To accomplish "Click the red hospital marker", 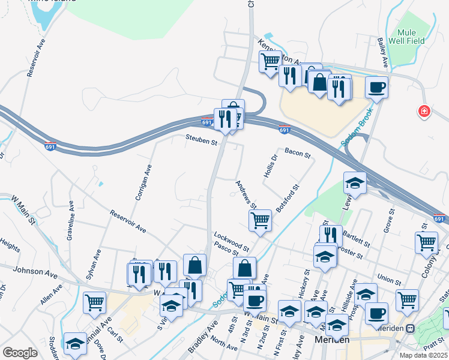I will [x=424, y=111].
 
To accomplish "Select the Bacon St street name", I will [x=297, y=155].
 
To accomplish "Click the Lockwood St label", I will [x=231, y=240].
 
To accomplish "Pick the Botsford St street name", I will [x=287, y=199].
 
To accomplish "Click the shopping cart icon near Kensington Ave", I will [x=270, y=61].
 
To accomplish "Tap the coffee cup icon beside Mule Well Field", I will [x=376, y=87].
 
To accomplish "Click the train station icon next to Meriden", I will [x=411, y=329].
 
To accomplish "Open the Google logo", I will [x=20, y=352].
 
